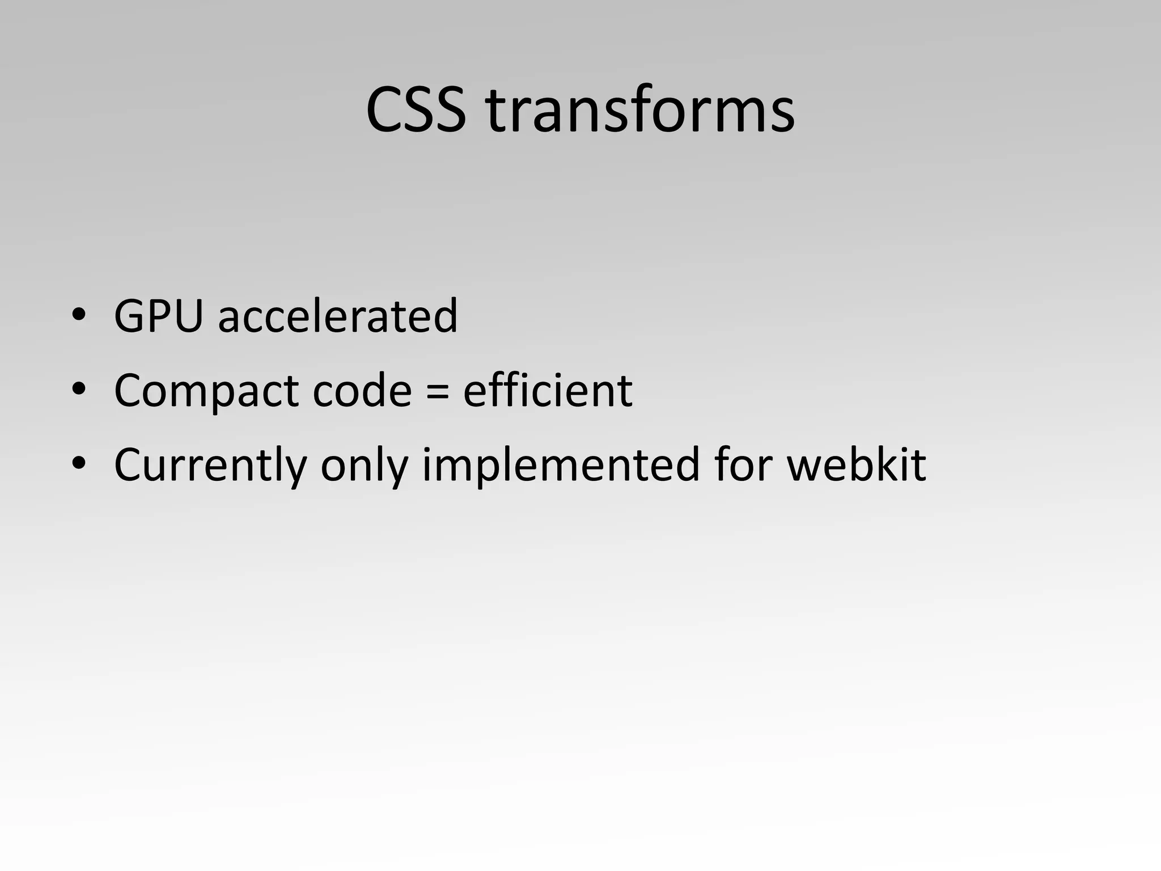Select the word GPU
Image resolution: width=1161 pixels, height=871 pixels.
click(x=158, y=316)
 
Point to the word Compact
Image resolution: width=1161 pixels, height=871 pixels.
click(x=206, y=391)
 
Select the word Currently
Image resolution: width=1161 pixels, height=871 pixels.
click(x=210, y=465)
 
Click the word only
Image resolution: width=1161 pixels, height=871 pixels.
click(x=365, y=465)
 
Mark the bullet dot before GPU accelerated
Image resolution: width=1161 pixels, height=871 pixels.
click(x=78, y=315)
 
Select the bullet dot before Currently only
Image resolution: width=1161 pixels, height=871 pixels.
click(x=78, y=463)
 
